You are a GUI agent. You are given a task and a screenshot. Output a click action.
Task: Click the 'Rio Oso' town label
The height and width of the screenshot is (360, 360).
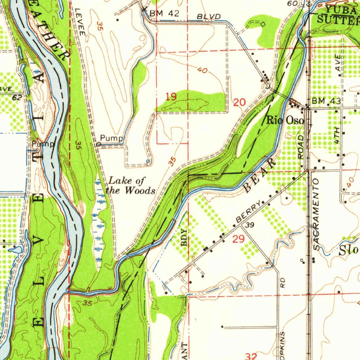[285, 120]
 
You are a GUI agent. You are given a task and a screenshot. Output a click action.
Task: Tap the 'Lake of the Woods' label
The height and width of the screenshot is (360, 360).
[131, 186]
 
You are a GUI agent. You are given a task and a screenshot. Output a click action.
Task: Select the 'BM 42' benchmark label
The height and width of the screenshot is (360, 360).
[164, 14]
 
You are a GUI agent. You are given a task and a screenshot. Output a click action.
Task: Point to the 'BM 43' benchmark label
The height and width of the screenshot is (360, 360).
[326, 101]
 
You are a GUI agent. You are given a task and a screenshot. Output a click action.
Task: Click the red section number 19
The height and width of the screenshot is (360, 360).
[171, 97]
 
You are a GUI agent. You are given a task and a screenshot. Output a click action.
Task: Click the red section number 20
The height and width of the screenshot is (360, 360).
[239, 103]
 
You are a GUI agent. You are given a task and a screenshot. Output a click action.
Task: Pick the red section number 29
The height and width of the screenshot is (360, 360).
[238, 239]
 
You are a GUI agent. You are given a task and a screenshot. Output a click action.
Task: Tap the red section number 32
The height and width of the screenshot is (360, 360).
[251, 356]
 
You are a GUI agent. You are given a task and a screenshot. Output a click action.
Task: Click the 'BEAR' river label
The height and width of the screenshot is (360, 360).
[259, 175]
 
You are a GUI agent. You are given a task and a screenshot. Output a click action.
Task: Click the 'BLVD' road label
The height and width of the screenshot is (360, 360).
[209, 17]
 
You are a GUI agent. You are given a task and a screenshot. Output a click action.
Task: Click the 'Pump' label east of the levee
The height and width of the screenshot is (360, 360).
[111, 138]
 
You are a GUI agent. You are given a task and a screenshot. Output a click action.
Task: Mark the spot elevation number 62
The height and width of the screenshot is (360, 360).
[17, 98]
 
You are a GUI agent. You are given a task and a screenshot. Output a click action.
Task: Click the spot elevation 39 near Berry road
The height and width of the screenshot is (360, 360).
[250, 225]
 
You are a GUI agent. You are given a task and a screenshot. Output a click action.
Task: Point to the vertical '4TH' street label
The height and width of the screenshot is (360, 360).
[337, 135]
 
